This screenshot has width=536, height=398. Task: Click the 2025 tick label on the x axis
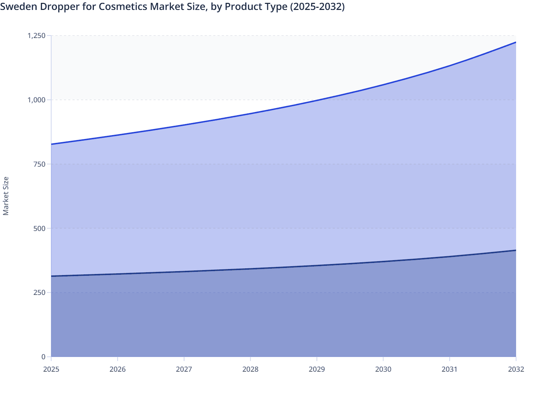tap(51, 369)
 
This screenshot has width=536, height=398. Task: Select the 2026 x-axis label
tap(118, 369)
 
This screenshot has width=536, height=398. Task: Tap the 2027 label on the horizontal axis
tap(184, 369)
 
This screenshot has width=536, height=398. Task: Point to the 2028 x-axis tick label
tap(250, 369)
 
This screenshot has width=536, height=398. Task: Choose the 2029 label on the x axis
tap(317, 369)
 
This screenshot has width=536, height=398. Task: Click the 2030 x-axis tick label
tap(383, 369)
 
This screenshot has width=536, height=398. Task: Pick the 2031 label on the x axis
tap(450, 369)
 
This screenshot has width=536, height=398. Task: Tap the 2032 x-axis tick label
tap(516, 369)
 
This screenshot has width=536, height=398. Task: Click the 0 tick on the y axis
tap(43, 357)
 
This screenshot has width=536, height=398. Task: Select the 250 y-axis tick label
tap(39, 292)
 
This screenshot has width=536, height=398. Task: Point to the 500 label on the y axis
tap(39, 228)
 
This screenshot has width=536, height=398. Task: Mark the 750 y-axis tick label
tap(39, 164)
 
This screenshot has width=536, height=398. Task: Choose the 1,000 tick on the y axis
tap(37, 100)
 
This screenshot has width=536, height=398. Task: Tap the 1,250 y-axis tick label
tap(37, 36)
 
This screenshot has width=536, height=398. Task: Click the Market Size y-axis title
tap(6, 196)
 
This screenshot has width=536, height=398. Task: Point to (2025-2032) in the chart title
tap(317, 6)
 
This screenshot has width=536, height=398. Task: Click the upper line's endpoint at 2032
tap(515, 42)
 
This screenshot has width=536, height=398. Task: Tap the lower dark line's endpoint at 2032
tap(515, 251)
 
